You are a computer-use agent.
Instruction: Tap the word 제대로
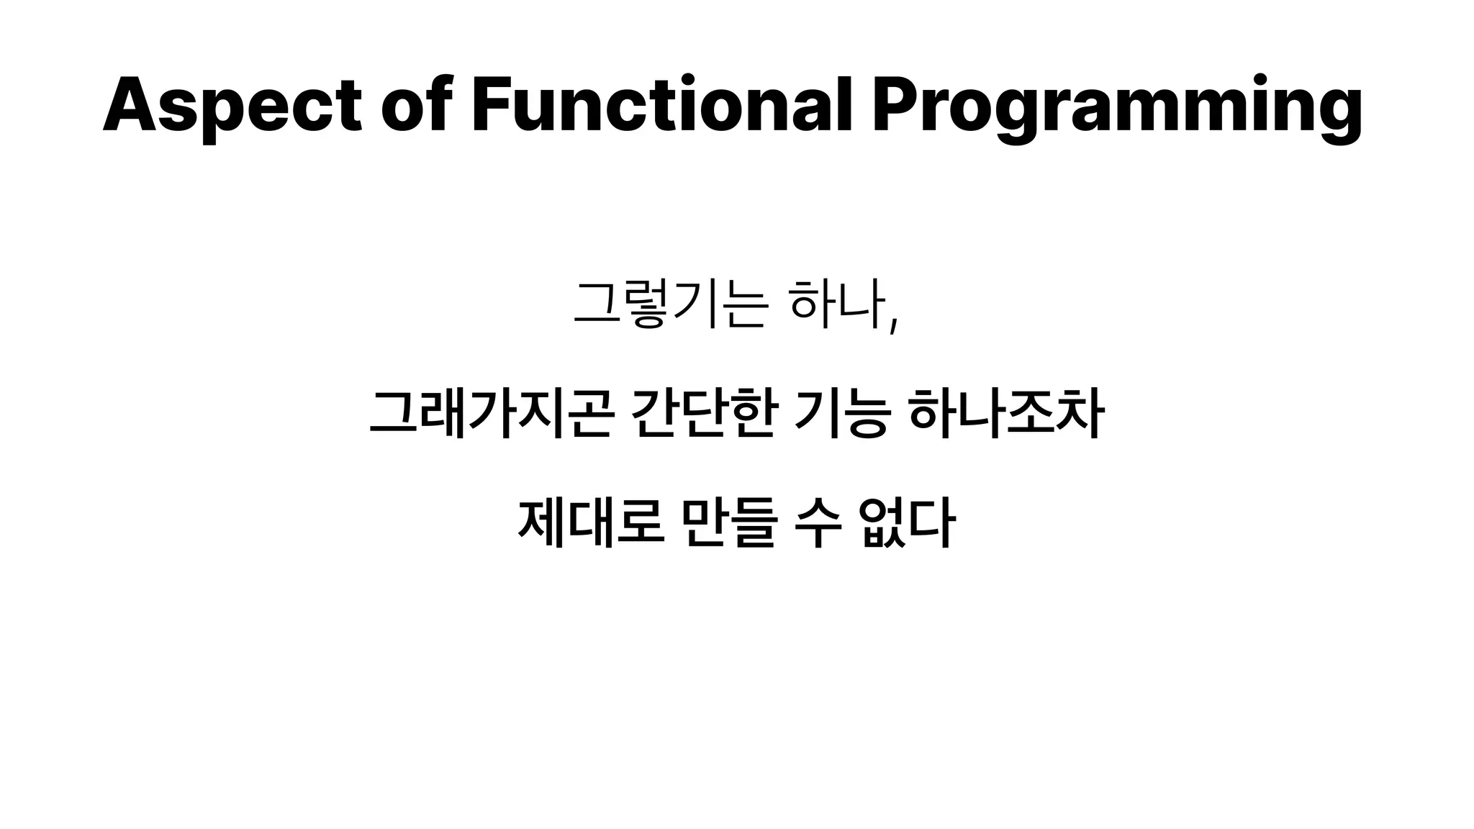pyautogui.click(x=589, y=523)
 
